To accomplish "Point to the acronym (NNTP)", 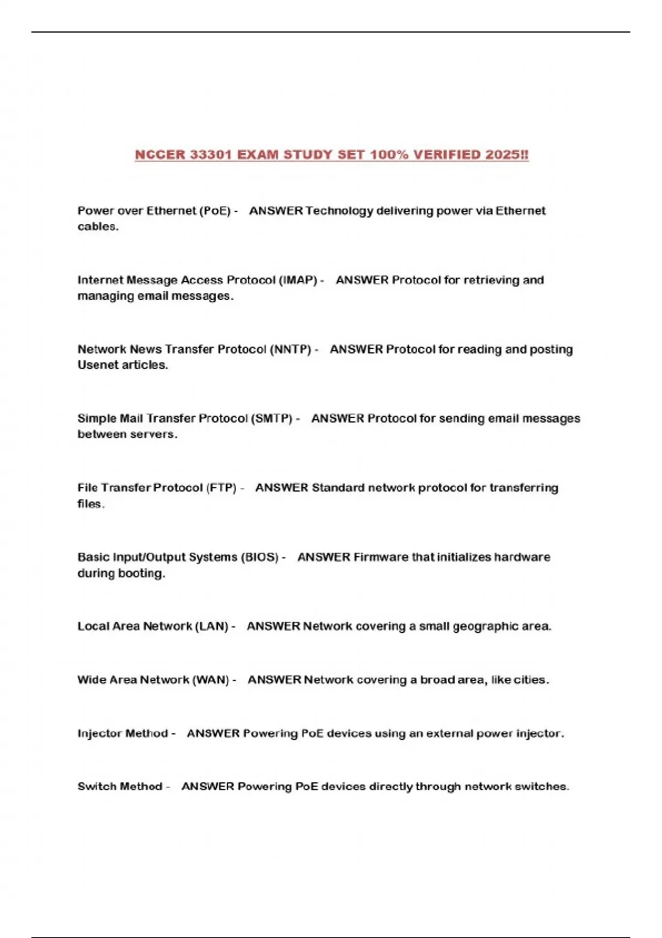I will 290,349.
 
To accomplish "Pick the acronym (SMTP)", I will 271,418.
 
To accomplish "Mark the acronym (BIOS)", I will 259,557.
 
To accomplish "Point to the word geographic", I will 483,626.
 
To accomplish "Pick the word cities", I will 531,680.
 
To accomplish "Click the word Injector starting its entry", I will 99,733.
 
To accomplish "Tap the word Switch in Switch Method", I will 96,786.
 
